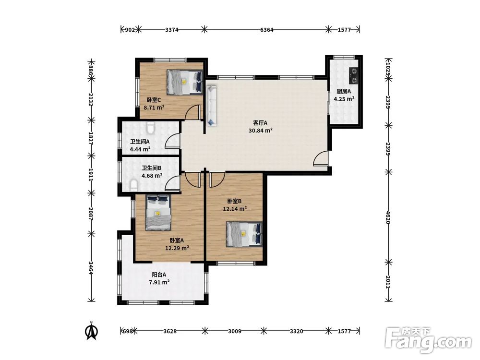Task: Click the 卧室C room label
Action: pos(154,100)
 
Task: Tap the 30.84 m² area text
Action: pos(261,130)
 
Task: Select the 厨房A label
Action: pos(344,91)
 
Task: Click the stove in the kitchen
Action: pos(354,75)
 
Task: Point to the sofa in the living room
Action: pos(212,106)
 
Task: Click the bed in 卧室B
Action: pos(244,234)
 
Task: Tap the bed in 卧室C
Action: pos(185,82)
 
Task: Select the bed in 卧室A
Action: pos(158,213)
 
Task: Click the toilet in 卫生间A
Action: pos(150,128)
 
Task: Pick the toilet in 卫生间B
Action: pos(134,185)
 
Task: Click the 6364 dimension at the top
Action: pos(266,30)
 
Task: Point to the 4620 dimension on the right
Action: pos(388,217)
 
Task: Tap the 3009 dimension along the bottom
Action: pos(235,331)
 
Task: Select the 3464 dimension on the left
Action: pos(91,267)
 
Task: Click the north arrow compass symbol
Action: pos(91,331)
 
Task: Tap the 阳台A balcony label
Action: pos(159,275)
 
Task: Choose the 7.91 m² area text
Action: pos(159,282)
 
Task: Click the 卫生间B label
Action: pos(152,168)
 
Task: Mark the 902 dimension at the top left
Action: pos(130,30)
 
